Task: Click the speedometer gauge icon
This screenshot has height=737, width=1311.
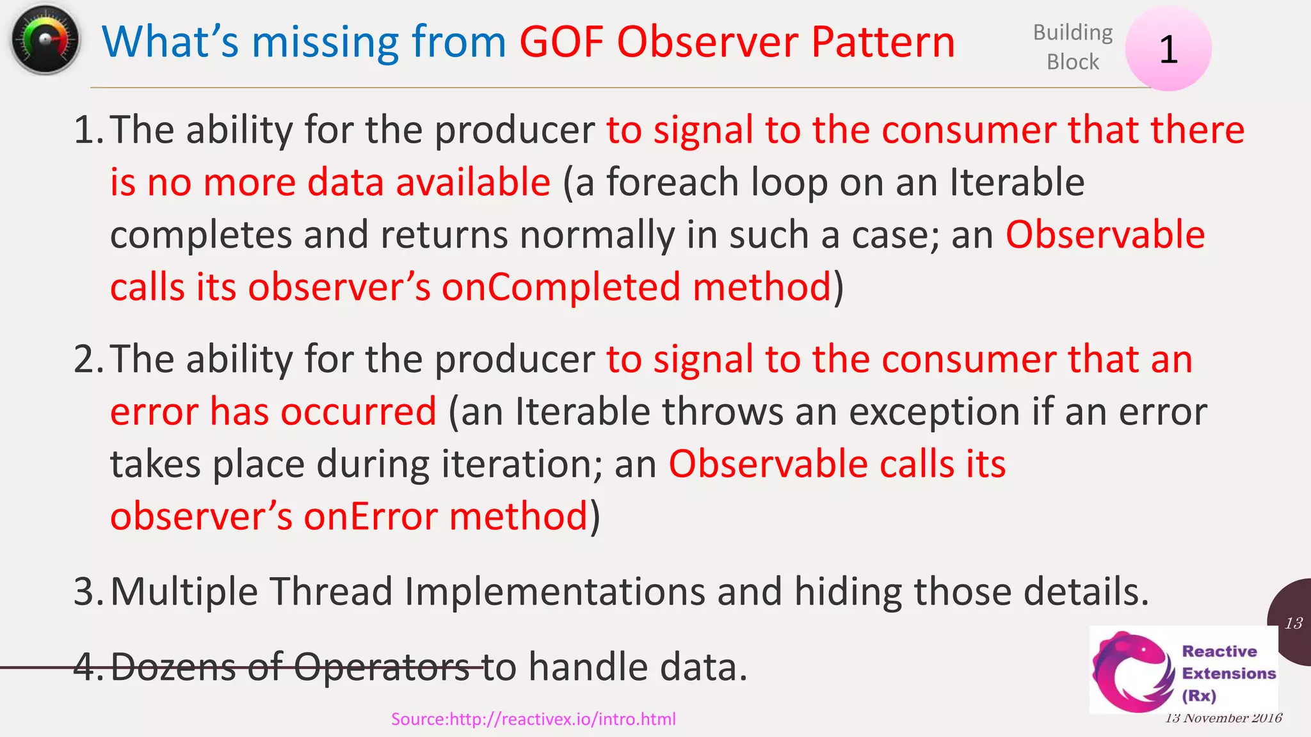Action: click(x=45, y=40)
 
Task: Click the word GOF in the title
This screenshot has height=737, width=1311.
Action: click(x=561, y=42)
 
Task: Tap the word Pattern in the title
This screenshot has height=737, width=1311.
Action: click(x=883, y=42)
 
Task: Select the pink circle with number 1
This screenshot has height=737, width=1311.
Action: click(x=1168, y=49)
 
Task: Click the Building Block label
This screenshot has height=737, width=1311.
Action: click(x=1073, y=47)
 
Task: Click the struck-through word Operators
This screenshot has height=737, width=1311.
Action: click(x=382, y=667)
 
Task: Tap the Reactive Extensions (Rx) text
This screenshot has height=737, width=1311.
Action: click(x=1228, y=673)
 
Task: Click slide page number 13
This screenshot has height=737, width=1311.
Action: click(x=1294, y=623)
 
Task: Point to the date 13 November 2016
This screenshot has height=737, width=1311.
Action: click(x=1223, y=718)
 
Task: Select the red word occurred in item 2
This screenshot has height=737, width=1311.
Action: click(x=358, y=411)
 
